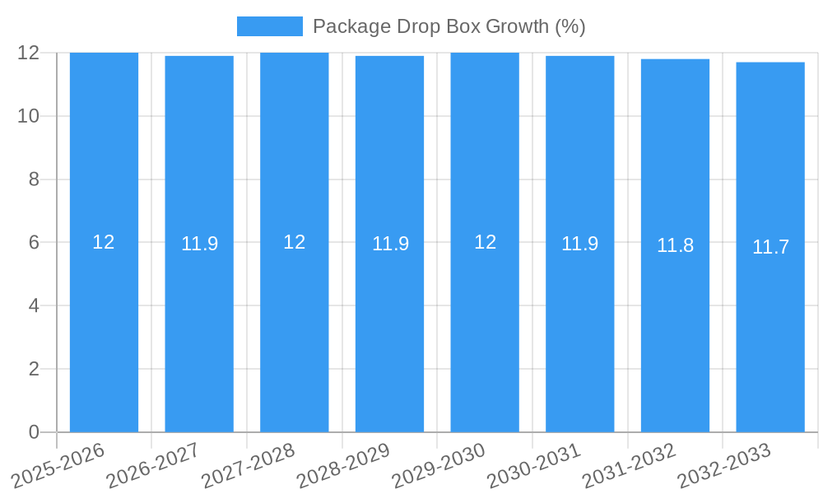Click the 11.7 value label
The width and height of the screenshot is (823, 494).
click(770, 246)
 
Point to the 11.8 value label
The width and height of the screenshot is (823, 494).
click(675, 245)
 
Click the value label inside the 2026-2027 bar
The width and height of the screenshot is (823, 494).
click(199, 244)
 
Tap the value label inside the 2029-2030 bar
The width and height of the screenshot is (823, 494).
click(485, 242)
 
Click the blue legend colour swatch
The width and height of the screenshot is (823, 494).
click(269, 26)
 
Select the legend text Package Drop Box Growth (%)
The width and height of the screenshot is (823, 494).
click(449, 26)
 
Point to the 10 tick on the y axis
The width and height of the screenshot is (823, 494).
click(28, 116)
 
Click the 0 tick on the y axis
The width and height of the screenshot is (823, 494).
click(34, 432)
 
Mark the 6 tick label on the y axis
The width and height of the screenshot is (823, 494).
click(34, 243)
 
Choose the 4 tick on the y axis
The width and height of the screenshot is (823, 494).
click(34, 305)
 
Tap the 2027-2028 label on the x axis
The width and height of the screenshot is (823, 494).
click(248, 465)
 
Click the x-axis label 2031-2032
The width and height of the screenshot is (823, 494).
click(629, 465)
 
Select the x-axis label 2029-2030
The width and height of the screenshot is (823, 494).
click(438, 465)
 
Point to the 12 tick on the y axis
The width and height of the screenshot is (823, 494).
click(28, 53)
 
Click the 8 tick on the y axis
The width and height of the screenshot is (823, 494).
click(34, 179)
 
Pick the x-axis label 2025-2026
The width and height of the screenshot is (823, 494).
click(58, 465)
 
